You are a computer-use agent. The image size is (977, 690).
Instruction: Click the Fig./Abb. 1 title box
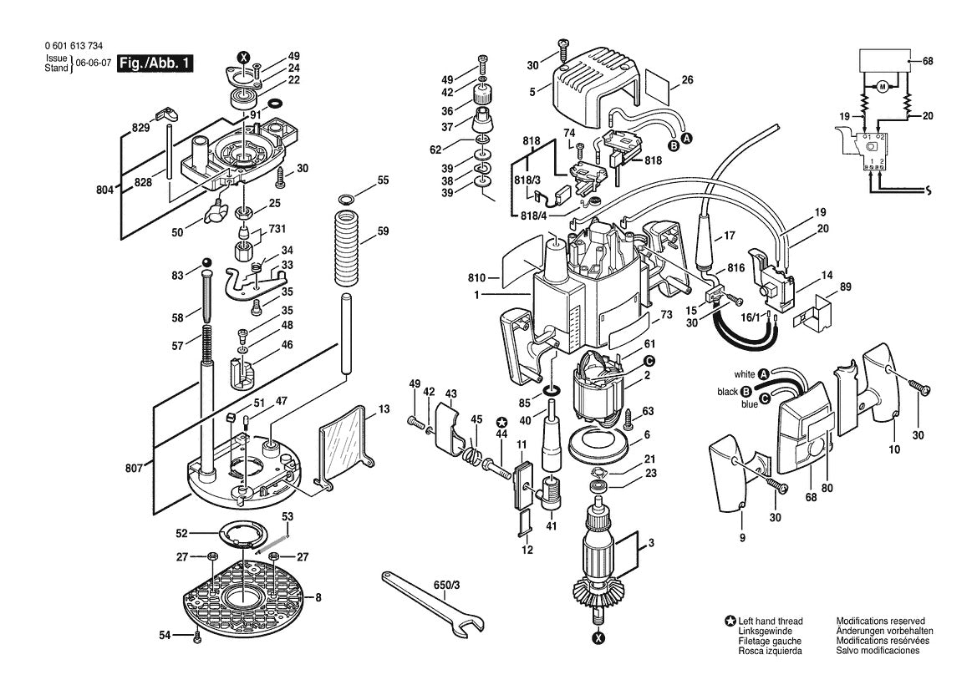click(x=155, y=63)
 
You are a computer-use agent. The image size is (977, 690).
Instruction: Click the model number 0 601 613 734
click(x=74, y=47)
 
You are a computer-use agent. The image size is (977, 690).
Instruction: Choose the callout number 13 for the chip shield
click(x=383, y=409)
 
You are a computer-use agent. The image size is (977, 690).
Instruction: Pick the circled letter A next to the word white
click(x=763, y=373)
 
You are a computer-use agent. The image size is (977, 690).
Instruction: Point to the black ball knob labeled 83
click(x=206, y=266)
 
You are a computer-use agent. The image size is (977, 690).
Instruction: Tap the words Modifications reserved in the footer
click(x=880, y=622)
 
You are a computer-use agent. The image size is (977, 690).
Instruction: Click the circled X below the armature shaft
click(x=598, y=638)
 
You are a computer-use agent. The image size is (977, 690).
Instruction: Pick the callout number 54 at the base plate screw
click(x=165, y=637)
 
